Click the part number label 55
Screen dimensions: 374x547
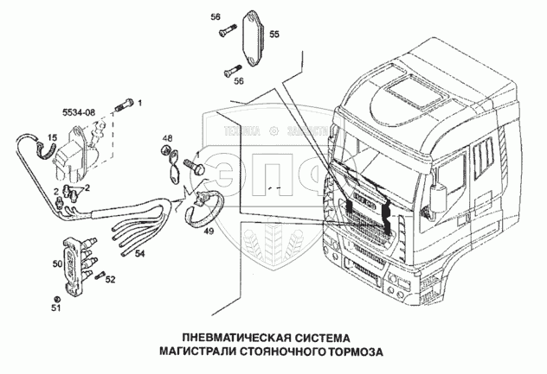[273, 35]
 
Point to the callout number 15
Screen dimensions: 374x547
[51, 137]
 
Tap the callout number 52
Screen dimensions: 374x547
[110, 278]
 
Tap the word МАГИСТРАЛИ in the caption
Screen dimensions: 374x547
[203, 352]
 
